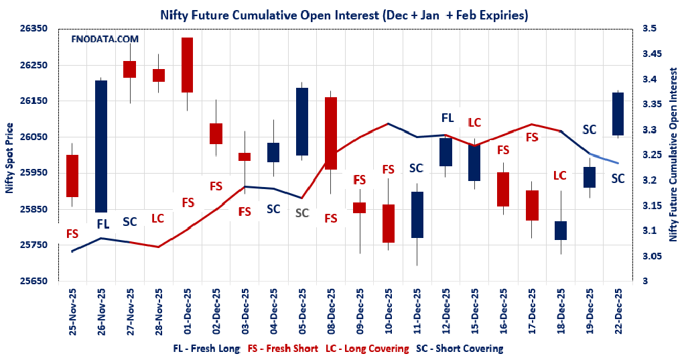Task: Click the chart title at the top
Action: coord(343,14)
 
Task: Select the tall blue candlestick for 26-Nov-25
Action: coord(101,146)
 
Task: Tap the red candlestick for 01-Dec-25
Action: coord(188,65)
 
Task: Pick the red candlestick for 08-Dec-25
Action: coord(330,133)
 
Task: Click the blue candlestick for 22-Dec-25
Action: coord(618,114)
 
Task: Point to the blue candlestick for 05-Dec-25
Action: coord(302,121)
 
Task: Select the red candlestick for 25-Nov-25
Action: coord(72,176)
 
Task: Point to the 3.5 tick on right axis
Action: coord(650,29)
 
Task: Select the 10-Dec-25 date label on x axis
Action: coord(389,312)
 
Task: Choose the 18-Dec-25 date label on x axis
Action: coord(560,312)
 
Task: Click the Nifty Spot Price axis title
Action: coord(9,158)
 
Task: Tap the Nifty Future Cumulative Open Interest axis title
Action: coord(673,154)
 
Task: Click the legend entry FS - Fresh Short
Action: coord(283,349)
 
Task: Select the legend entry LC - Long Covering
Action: coord(367,349)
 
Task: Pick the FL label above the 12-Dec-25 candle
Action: coord(447,119)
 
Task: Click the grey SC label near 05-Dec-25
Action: coord(302,213)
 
